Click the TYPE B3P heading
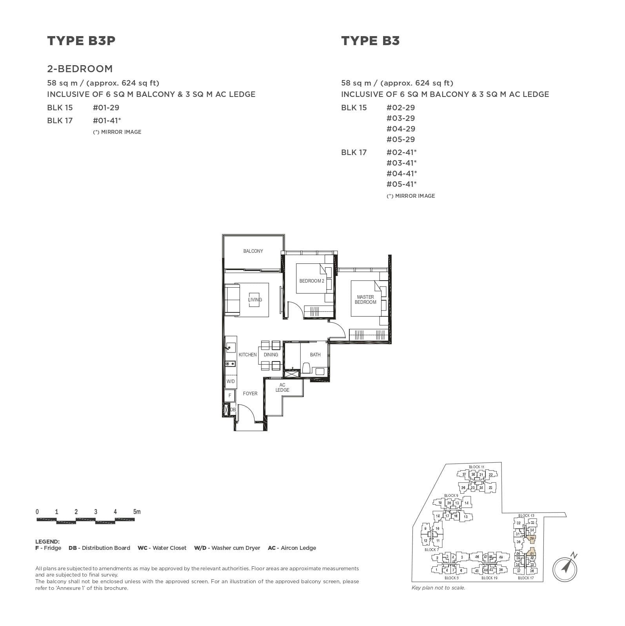coord(81,41)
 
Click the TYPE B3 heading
coord(370,41)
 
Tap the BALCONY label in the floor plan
coord(253,251)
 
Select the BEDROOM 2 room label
coord(312,281)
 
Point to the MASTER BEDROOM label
coord(365,299)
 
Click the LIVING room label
coord(255,300)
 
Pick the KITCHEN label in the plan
coord(247,355)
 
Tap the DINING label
coord(271,355)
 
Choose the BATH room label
coord(315,355)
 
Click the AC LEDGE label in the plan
coord(282,387)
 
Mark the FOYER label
coord(250,394)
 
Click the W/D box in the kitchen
coord(231,381)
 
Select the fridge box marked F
coord(230,396)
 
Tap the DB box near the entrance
coord(233,410)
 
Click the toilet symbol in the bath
coord(307,368)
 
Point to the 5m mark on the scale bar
coord(136,512)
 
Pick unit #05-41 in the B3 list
coord(401,184)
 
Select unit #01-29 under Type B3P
coord(106,108)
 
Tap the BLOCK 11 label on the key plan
coord(476,467)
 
